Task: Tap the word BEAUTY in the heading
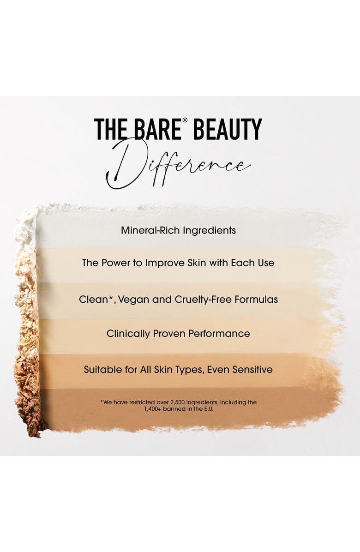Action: [227, 130]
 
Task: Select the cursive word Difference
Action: [179, 166]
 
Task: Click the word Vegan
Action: [133, 300]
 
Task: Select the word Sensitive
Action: [252, 370]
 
